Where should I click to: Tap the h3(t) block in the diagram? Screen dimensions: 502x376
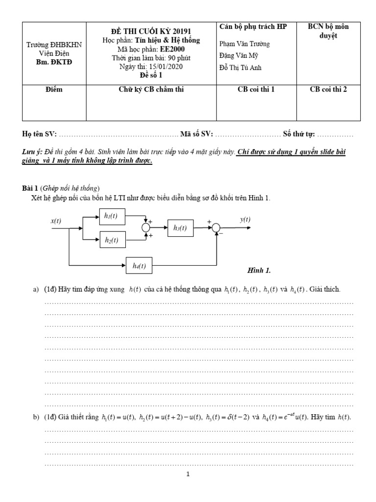[x=181, y=227]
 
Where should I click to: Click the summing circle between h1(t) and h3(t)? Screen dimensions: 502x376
[x=146, y=227]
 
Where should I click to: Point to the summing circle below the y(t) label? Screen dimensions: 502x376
[x=216, y=227]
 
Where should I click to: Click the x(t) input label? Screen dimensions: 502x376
[x=56, y=221]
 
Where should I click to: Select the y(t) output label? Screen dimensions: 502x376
[x=245, y=220]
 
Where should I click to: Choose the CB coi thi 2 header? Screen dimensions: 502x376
[x=329, y=90]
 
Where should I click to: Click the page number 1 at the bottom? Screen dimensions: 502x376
[x=188, y=475]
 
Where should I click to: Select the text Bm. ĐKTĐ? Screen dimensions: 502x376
[x=54, y=61]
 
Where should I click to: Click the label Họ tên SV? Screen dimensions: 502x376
[x=40, y=134]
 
